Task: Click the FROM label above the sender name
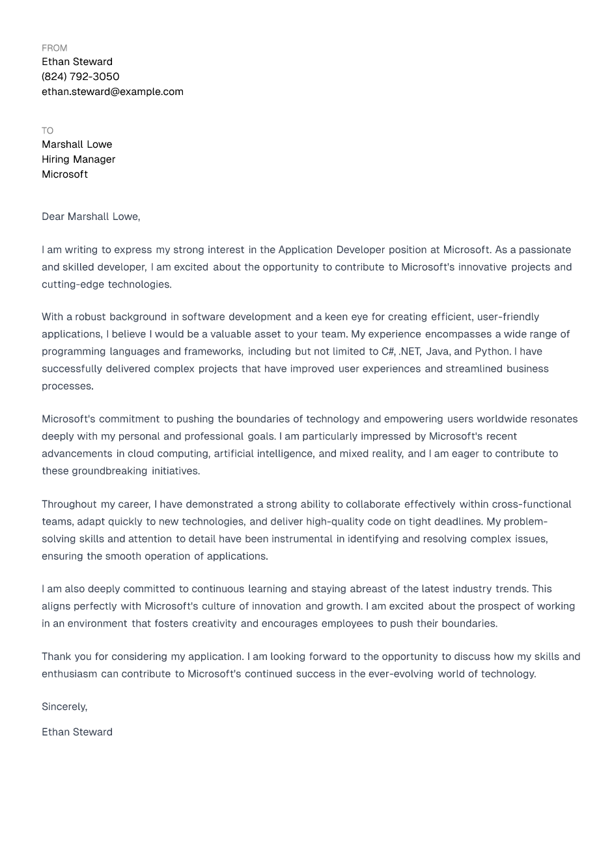pyautogui.click(x=55, y=48)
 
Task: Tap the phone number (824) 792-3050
pyautogui.click(x=81, y=77)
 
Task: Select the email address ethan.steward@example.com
pyautogui.click(x=113, y=92)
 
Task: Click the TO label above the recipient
pyautogui.click(x=48, y=131)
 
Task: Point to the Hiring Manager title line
pyautogui.click(x=79, y=159)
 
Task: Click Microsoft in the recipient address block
pyautogui.click(x=64, y=174)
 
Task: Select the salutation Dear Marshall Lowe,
pyautogui.click(x=91, y=217)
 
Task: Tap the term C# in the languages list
pyautogui.click(x=388, y=351)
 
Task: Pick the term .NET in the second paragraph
pyautogui.click(x=410, y=351)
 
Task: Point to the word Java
pyautogui.click(x=438, y=351)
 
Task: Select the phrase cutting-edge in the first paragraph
pyautogui.click(x=72, y=284)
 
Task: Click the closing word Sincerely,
pyautogui.click(x=64, y=707)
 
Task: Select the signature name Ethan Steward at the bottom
pyautogui.click(x=77, y=732)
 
